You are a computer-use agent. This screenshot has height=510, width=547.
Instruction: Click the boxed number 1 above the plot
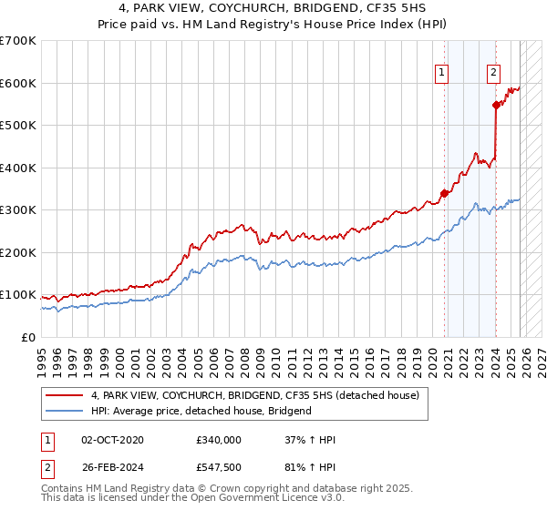point(442,74)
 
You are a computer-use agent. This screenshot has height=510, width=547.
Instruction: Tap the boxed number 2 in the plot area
point(493,74)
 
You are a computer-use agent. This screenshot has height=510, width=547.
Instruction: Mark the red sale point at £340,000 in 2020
point(444,193)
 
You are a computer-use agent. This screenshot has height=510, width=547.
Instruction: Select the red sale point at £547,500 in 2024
point(497,105)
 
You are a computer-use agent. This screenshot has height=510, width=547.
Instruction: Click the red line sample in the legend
point(66,395)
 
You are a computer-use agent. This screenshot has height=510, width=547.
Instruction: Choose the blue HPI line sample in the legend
point(66,411)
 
